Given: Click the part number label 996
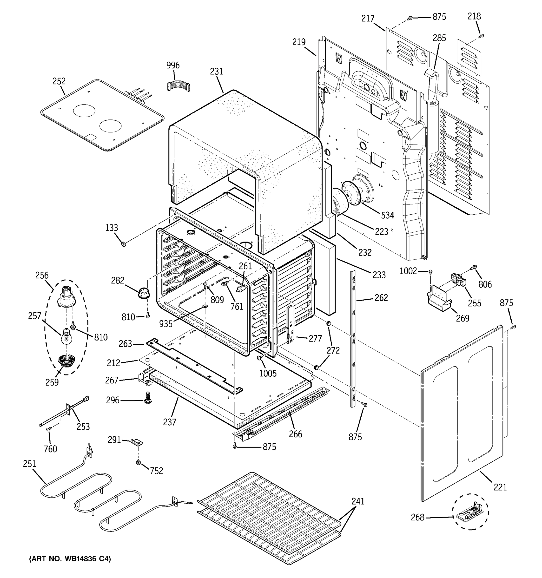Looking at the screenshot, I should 173,65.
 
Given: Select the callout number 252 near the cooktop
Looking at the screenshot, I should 59,81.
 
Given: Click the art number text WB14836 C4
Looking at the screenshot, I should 70,559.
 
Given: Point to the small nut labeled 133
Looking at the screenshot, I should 123,244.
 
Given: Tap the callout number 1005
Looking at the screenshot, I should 268,373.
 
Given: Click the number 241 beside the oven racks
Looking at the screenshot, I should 358,501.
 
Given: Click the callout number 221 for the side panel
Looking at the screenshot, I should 500,487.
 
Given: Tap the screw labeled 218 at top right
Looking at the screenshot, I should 481,36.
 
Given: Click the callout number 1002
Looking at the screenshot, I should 408,271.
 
